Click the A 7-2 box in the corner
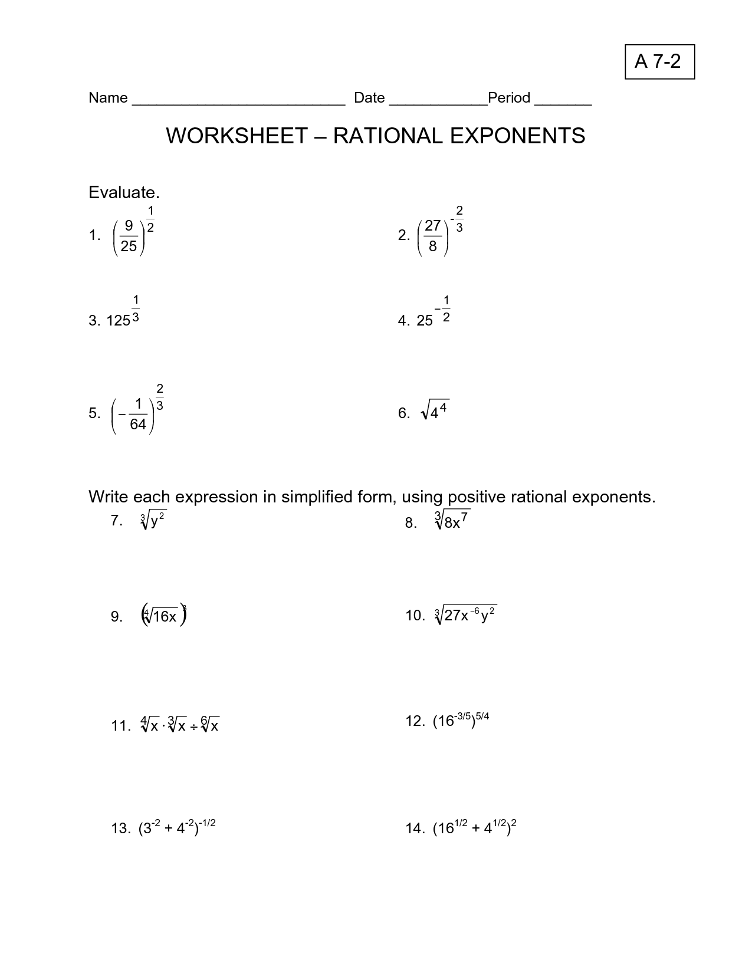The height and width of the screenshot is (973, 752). pyautogui.click(x=659, y=61)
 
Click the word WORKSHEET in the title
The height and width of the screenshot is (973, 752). pyautogui.click(x=237, y=136)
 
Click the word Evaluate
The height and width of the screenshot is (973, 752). pyautogui.click(x=124, y=193)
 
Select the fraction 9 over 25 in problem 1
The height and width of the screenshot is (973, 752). pyautogui.click(x=129, y=236)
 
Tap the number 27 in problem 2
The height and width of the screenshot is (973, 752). pyautogui.click(x=433, y=226)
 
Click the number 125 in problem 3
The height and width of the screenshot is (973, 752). pyautogui.click(x=118, y=321)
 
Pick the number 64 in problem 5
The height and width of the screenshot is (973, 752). pyautogui.click(x=137, y=424)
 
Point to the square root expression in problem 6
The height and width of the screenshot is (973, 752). pyautogui.click(x=435, y=411)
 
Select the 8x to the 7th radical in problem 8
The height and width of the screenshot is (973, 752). pyautogui.click(x=452, y=521)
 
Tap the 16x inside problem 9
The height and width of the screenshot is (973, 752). pyautogui.click(x=165, y=617)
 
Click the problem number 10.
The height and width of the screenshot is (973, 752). pyautogui.click(x=414, y=616)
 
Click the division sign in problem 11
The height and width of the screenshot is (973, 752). pyautogui.click(x=194, y=727)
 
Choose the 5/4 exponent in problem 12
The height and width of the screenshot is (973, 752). pyautogui.click(x=482, y=717)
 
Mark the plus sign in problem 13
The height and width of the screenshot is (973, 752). pyautogui.click(x=168, y=829)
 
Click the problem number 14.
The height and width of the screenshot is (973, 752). pyautogui.click(x=414, y=829)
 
